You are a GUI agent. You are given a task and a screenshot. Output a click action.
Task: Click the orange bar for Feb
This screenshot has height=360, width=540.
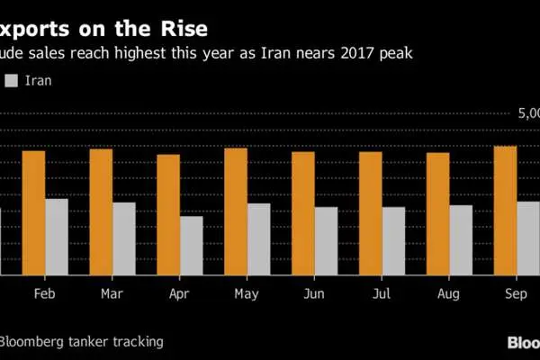[33, 212]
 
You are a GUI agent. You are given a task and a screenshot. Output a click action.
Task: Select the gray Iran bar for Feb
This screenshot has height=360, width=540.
[57, 237]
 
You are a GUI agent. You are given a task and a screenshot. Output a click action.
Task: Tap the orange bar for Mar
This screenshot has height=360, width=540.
[101, 211]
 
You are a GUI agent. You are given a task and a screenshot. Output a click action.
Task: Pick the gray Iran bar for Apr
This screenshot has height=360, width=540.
[191, 245]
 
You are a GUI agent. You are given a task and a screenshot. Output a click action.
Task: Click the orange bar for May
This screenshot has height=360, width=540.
[236, 211]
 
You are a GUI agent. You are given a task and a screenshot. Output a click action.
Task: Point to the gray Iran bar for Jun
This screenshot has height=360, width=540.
[326, 240]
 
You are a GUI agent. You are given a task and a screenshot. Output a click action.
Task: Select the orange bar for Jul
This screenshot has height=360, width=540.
[371, 213]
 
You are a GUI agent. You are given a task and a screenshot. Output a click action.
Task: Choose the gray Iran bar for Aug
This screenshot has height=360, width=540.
[461, 239]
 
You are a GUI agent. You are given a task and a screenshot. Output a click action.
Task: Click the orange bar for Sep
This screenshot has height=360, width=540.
[506, 210]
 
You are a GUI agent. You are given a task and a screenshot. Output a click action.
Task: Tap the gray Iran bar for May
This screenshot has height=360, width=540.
[258, 238]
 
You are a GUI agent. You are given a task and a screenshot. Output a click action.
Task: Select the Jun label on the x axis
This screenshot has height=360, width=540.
[314, 294]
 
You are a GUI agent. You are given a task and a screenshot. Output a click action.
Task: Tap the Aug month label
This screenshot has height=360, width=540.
[449, 294]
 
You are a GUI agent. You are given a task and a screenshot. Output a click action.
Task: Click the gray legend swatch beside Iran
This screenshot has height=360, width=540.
[12, 82]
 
